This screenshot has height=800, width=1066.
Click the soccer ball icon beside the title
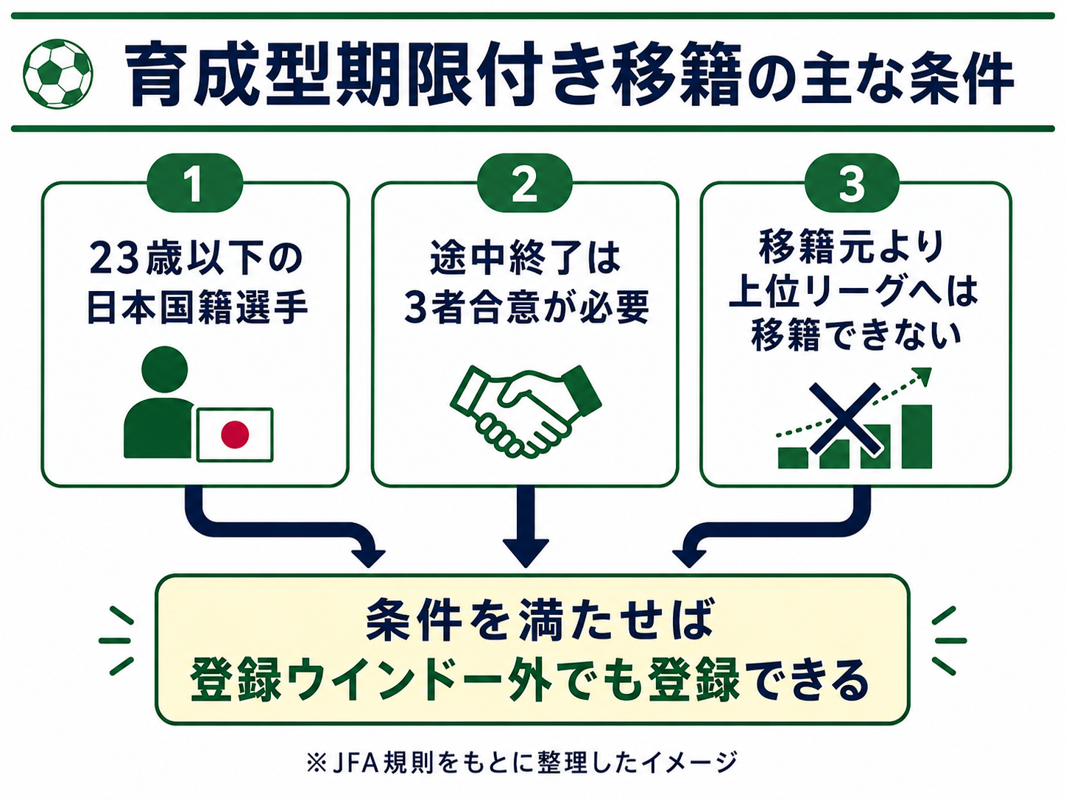(58, 74)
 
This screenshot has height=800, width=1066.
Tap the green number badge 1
(195, 183)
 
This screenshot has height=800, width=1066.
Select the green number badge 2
(524, 183)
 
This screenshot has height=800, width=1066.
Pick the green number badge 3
(852, 183)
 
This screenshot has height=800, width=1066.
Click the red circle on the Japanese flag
(235, 434)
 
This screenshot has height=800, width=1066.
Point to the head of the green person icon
(165, 369)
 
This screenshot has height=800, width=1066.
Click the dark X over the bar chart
(846, 418)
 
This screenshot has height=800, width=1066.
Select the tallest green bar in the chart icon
(917, 436)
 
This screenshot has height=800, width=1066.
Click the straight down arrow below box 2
(526, 527)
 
